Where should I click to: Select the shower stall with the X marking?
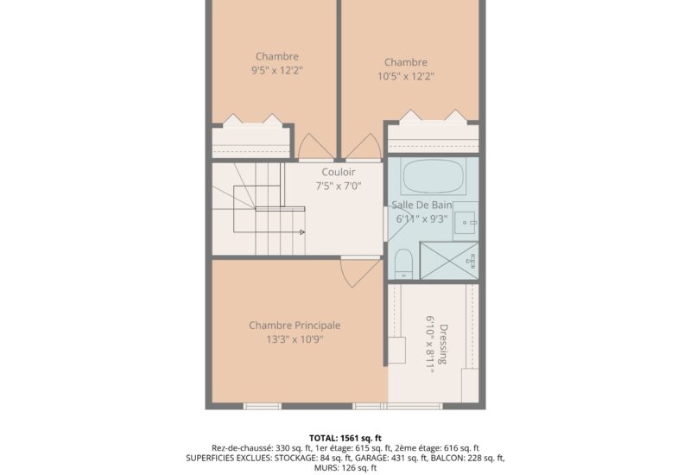coord(448,258)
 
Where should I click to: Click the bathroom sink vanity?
coord(466,223)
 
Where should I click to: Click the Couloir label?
coord(339,172)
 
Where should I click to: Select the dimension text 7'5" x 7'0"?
coord(339,185)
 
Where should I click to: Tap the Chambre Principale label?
coord(295,326)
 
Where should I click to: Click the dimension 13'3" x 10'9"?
coord(295,339)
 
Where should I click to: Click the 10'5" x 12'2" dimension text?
coord(406,76)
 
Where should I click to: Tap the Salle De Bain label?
coord(422,205)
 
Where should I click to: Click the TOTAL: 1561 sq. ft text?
coord(345,438)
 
